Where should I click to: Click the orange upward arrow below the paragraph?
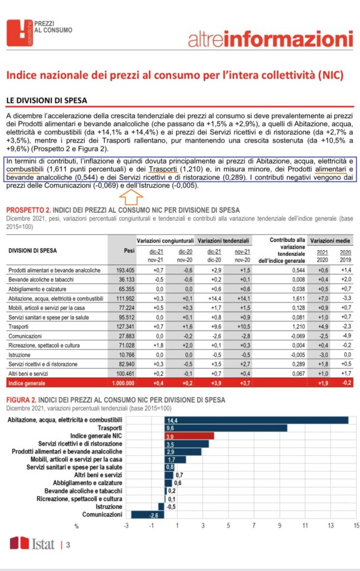[x=132, y=196]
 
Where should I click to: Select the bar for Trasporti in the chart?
[x=226, y=428]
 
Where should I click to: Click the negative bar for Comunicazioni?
[x=148, y=515]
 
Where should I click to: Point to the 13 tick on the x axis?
[x=330, y=526]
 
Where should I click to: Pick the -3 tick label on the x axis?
[x=127, y=526]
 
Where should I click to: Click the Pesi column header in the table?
[x=129, y=251]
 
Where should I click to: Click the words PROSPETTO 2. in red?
[x=28, y=210]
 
